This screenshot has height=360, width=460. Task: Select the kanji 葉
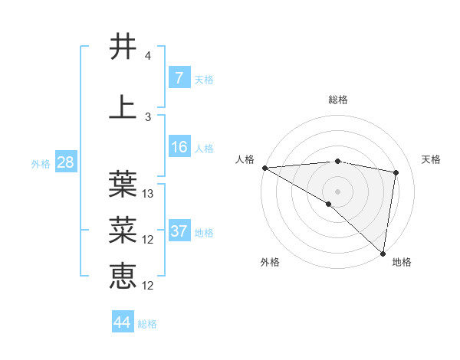(123, 183)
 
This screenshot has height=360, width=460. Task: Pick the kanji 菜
(123, 228)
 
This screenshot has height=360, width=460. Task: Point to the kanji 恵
(123, 275)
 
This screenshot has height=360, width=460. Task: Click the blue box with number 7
(179, 78)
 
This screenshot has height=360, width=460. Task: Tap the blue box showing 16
(179, 147)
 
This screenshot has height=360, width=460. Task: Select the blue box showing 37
(179, 231)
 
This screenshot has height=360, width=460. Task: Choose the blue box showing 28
(64, 162)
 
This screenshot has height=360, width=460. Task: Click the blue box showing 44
(122, 322)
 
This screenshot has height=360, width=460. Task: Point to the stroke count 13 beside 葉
(149, 194)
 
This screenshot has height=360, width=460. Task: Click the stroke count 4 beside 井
(147, 56)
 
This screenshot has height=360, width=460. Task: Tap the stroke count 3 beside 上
(147, 116)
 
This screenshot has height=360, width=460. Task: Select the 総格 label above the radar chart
(337, 100)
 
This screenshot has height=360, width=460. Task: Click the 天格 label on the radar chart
(432, 159)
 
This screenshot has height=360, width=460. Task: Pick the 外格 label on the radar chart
(269, 262)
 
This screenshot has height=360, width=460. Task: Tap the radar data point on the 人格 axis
(264, 167)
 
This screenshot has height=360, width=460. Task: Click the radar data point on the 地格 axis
(383, 254)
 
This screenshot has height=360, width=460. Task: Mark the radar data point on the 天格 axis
(396, 172)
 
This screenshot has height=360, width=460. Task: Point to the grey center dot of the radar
(337, 191)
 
